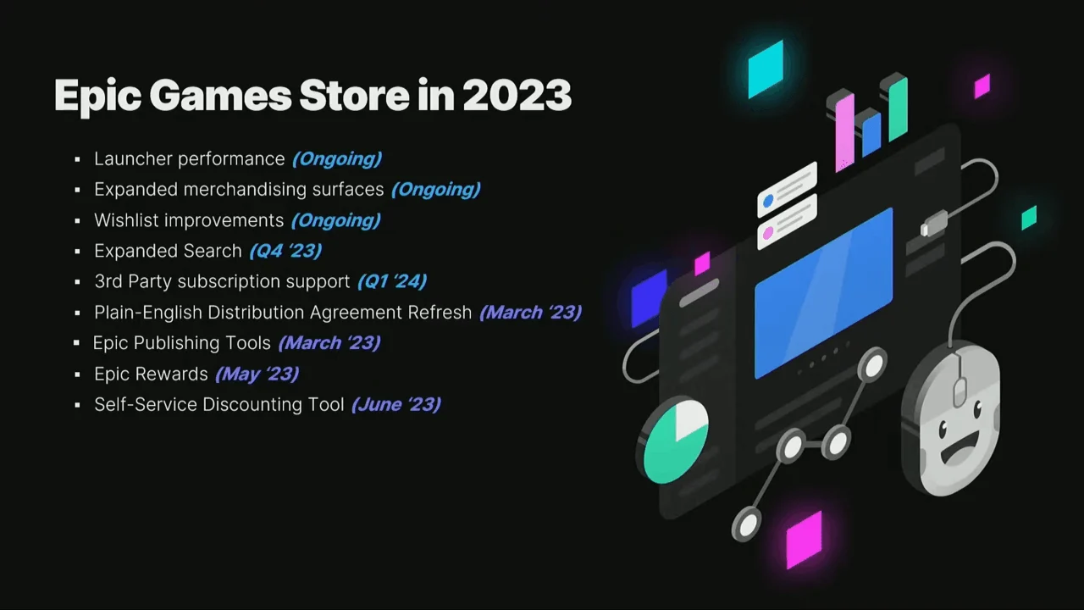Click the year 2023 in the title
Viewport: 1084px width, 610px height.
tap(517, 95)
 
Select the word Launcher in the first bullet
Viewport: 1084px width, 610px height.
tap(132, 158)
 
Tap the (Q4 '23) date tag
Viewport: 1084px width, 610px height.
tap(285, 251)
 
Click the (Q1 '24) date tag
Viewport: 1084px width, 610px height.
tap(392, 281)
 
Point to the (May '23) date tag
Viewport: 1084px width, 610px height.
tap(257, 374)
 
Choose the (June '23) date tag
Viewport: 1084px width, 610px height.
tap(396, 405)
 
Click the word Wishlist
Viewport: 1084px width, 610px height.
tap(127, 220)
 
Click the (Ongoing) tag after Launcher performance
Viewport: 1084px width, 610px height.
tap(337, 158)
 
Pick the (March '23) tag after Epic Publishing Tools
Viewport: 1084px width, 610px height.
tap(329, 343)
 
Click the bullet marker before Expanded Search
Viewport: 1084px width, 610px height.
tap(77, 252)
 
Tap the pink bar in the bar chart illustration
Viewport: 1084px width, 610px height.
tap(844, 131)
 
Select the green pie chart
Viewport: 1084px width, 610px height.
tap(676, 441)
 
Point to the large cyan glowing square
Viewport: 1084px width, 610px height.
tap(766, 69)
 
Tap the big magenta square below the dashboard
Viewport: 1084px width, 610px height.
tap(804, 540)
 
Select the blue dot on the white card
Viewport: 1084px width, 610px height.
tap(768, 201)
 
